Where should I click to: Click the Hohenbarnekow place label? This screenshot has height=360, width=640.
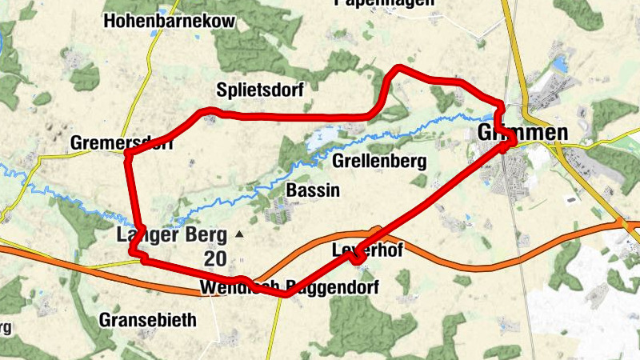pyautogui.click(x=170, y=22)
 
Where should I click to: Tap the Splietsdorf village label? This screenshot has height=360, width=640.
pyautogui.click(x=260, y=90)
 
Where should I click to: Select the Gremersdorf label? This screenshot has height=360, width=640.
pyautogui.click(x=122, y=142)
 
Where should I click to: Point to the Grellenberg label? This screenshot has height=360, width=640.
pyautogui.click(x=378, y=162)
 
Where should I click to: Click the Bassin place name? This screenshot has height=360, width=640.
pyautogui.click(x=313, y=190)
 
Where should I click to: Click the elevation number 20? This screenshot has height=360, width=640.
pyautogui.click(x=214, y=258)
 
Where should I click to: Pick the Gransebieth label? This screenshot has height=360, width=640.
pyautogui.click(x=147, y=320)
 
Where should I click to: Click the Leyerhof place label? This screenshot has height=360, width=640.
pyautogui.click(x=366, y=250)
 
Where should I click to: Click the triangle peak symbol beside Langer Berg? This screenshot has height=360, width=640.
pyautogui.click(x=239, y=235)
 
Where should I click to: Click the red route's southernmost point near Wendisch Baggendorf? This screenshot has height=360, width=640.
pyautogui.click(x=284, y=294)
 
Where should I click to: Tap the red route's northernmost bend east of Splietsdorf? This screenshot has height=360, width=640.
pyautogui.click(x=398, y=70)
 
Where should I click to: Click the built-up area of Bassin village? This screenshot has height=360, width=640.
pyautogui.click(x=279, y=210)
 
